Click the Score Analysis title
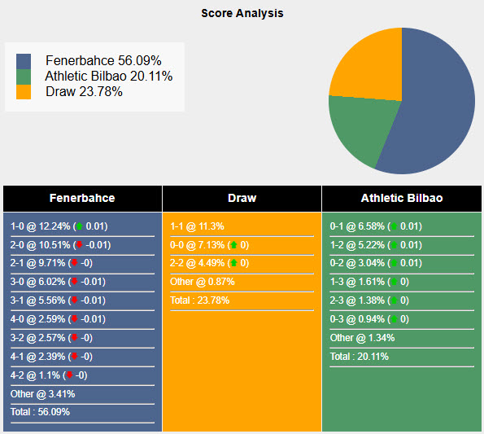(x=242, y=13)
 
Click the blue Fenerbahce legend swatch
(x=24, y=61)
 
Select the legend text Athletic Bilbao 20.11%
(x=109, y=77)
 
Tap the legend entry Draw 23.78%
(x=84, y=92)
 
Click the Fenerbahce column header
(x=81, y=198)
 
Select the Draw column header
(x=242, y=198)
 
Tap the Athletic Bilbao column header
(x=402, y=198)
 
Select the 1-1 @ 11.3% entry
(x=197, y=226)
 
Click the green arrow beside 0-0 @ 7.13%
(x=233, y=245)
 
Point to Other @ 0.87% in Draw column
(x=202, y=282)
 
